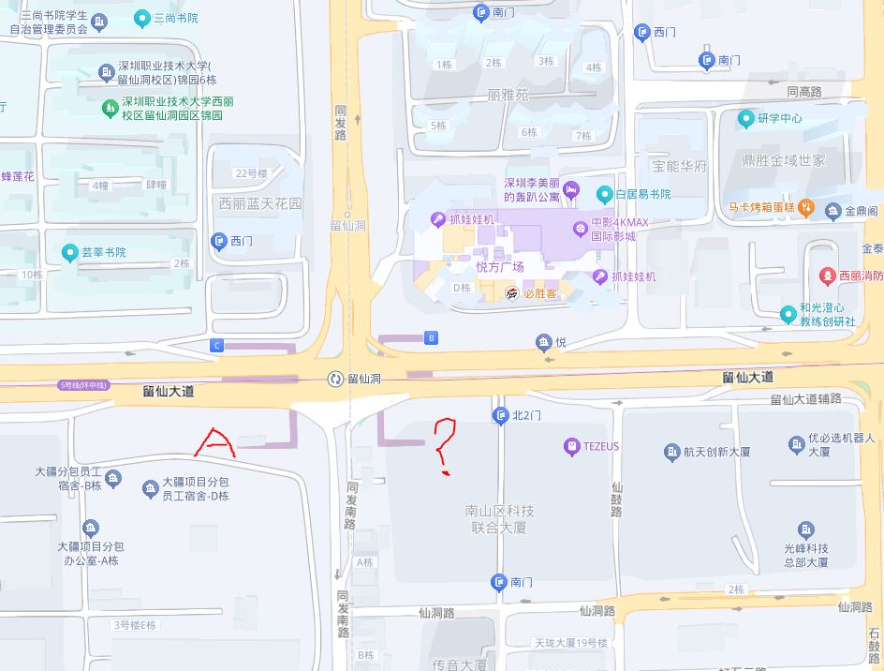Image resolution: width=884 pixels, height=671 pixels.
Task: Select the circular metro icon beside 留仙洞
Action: click(x=335, y=379)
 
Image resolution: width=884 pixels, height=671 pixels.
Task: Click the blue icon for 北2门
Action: click(x=500, y=415)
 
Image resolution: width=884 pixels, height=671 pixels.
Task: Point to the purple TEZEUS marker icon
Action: click(x=571, y=447)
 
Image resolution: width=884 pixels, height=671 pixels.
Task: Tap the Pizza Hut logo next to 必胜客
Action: click(x=512, y=293)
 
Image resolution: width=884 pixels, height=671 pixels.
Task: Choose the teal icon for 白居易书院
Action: click(x=604, y=194)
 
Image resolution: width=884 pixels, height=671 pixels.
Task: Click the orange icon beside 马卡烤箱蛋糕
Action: click(x=805, y=207)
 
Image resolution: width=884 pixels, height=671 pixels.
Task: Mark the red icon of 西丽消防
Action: click(x=828, y=276)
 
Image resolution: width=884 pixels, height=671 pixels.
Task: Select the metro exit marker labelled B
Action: click(x=431, y=337)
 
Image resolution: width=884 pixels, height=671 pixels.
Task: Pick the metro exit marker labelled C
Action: click(x=217, y=346)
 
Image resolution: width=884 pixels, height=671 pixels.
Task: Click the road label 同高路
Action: click(x=803, y=92)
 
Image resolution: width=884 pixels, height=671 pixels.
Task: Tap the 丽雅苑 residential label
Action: click(x=508, y=96)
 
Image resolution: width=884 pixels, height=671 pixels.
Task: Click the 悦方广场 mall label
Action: click(x=500, y=267)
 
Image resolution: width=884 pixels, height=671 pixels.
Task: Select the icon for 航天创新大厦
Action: click(x=671, y=453)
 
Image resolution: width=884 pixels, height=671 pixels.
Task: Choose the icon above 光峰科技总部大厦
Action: click(x=805, y=529)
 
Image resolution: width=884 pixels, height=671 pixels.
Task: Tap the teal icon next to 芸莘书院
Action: click(x=69, y=252)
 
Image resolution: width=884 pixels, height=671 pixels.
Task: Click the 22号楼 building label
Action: click(x=251, y=173)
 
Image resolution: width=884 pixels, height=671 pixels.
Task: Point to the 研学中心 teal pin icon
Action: click(x=745, y=118)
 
